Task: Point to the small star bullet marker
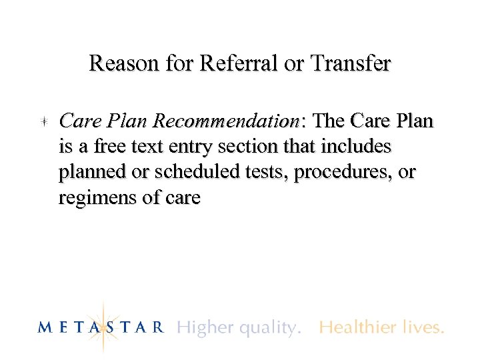point(42,121)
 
